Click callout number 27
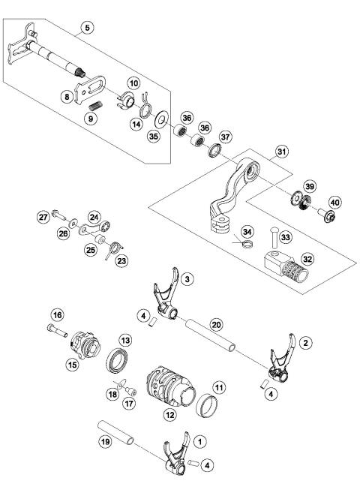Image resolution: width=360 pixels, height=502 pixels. [44, 217]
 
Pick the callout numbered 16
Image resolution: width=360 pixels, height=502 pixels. [56, 314]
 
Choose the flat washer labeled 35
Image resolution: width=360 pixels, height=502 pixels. [161, 121]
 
